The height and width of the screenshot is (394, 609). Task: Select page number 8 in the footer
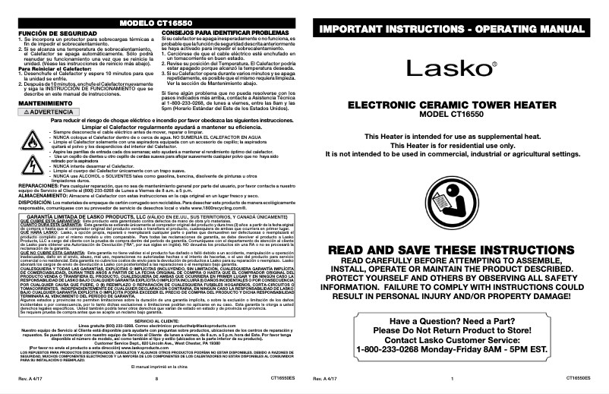click(156, 377)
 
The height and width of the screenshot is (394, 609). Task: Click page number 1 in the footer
click(451, 377)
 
